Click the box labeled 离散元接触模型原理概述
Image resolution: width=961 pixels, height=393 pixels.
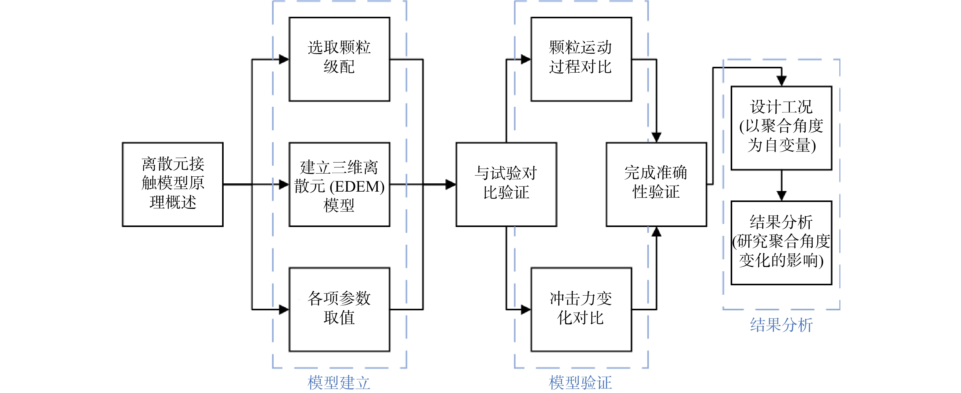[x=173, y=184]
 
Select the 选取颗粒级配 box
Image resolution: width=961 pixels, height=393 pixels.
[x=340, y=59]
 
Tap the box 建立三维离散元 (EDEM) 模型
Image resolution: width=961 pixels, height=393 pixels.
[x=340, y=184]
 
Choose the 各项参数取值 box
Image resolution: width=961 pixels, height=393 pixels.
[x=340, y=309]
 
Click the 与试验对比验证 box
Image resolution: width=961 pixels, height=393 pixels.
[x=506, y=184]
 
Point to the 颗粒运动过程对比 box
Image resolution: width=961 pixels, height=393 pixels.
[x=581, y=59]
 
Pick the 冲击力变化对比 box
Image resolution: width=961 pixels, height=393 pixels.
[x=581, y=309]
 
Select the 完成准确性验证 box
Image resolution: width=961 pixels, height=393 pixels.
[x=656, y=184]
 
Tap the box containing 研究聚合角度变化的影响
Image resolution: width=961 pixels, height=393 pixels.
[x=782, y=243]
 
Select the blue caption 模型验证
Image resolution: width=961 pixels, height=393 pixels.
[x=581, y=383]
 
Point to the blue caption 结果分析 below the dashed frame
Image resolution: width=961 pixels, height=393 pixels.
[x=782, y=325]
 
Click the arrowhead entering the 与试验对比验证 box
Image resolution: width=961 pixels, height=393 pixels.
[x=451, y=184]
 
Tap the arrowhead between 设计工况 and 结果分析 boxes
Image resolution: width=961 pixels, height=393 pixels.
[x=782, y=195]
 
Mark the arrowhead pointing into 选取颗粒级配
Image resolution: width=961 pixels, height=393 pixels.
[x=284, y=59]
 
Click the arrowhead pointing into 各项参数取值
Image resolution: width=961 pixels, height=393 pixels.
[x=284, y=309]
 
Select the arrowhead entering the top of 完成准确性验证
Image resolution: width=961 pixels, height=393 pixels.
[x=656, y=137]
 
